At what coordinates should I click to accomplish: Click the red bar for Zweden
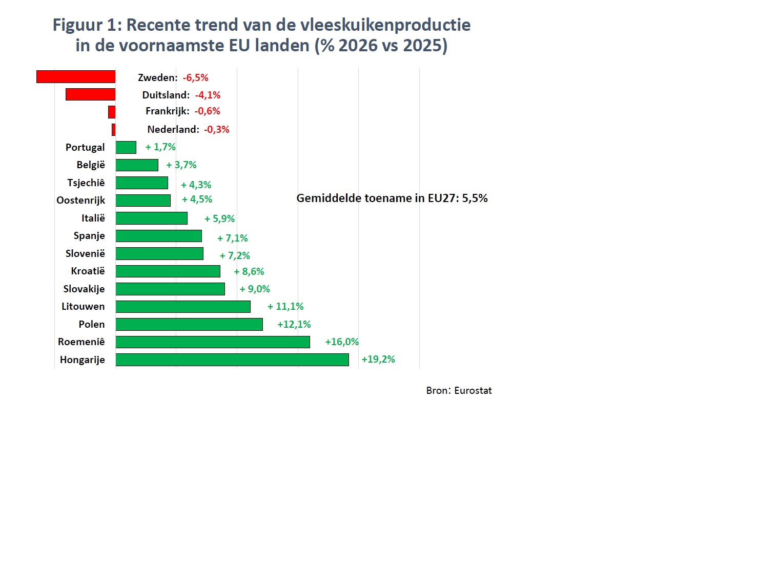(76, 77)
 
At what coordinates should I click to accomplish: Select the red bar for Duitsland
(91, 94)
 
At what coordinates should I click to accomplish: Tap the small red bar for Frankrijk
(112, 112)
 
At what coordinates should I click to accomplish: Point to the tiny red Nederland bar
(114, 130)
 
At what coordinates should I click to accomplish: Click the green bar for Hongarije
(232, 360)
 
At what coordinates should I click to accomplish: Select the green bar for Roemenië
(213, 342)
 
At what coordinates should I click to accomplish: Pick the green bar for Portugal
(126, 148)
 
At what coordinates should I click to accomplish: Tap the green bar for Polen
(189, 325)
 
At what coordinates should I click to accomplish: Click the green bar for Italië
(151, 218)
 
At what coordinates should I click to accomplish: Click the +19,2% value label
(378, 360)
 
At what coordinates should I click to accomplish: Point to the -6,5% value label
(195, 77)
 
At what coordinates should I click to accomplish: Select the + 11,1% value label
(285, 307)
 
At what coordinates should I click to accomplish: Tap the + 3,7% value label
(181, 165)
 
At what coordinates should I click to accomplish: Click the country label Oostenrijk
(80, 201)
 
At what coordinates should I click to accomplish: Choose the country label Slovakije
(84, 289)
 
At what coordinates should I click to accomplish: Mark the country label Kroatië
(88, 271)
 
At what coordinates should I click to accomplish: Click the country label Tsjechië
(86, 183)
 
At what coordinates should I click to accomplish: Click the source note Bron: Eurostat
(459, 390)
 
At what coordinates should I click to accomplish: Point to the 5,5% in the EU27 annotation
(475, 198)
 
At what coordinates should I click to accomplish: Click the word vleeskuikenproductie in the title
(385, 25)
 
